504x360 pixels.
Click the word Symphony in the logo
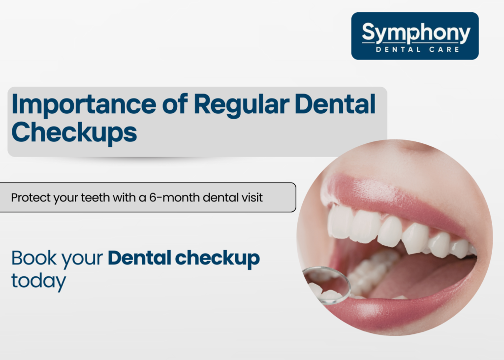point(415,33)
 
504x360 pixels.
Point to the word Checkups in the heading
point(74,131)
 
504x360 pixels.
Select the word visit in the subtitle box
point(250,197)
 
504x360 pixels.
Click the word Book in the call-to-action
point(31,259)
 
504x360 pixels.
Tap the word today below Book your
point(38,281)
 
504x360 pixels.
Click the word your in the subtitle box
point(63,197)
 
